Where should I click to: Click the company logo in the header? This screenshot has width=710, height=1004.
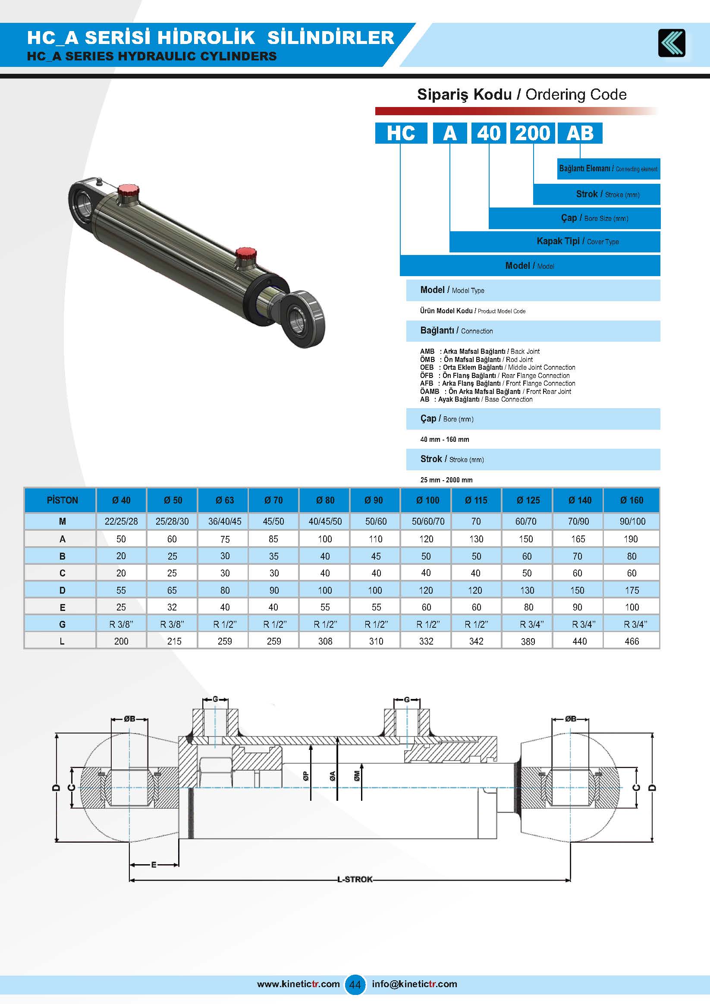pyautogui.click(x=672, y=43)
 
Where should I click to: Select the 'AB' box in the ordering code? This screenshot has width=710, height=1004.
pyautogui.click(x=579, y=133)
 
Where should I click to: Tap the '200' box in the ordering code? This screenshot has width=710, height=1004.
pyautogui.click(x=532, y=133)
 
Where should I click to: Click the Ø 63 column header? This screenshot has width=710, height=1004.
pyautogui.click(x=225, y=500)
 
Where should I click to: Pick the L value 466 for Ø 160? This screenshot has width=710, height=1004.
pyautogui.click(x=631, y=641)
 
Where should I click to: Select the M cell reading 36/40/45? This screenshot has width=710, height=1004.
pyautogui.click(x=225, y=521)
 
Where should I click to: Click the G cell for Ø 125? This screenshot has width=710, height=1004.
pyautogui.click(x=528, y=624)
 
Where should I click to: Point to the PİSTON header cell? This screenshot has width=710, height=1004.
pyautogui.click(x=62, y=500)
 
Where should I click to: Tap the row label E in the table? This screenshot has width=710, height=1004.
pyautogui.click(x=62, y=607)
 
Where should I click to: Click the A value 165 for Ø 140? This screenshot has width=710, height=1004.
pyautogui.click(x=578, y=539)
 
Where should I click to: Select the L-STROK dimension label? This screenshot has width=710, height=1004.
pyautogui.click(x=355, y=879)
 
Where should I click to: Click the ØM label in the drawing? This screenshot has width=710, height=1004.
pyautogui.click(x=357, y=776)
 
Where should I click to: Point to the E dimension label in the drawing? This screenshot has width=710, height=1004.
pyautogui.click(x=154, y=865)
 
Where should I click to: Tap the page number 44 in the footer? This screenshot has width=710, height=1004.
pyautogui.click(x=355, y=984)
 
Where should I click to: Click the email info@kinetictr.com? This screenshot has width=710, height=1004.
pyautogui.click(x=415, y=984)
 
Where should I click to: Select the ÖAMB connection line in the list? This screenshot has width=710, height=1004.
pyautogui.click(x=495, y=391)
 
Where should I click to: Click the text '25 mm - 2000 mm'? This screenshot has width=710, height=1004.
pyautogui.click(x=446, y=480)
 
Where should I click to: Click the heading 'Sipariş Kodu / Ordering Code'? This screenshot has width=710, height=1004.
pyautogui.click(x=522, y=94)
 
